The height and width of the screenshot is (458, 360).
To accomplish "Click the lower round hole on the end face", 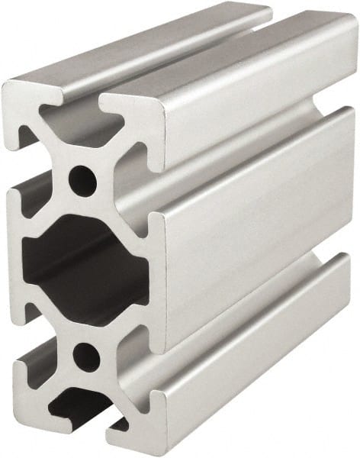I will [x=86, y=356].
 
